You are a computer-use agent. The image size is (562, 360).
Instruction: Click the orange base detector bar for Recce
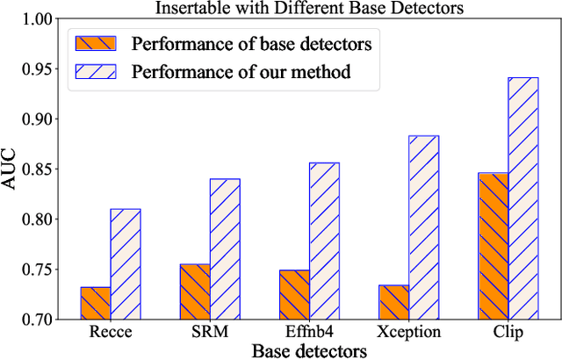(x=95, y=303)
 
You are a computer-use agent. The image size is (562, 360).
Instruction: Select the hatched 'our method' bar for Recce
(x=125, y=263)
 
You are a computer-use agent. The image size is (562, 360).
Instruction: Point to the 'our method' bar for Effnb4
(x=324, y=241)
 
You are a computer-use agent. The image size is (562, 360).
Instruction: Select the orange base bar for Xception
(x=393, y=302)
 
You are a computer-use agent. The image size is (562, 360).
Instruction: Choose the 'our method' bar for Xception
(x=423, y=227)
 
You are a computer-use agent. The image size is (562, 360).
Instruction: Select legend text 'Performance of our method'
(x=240, y=72)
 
